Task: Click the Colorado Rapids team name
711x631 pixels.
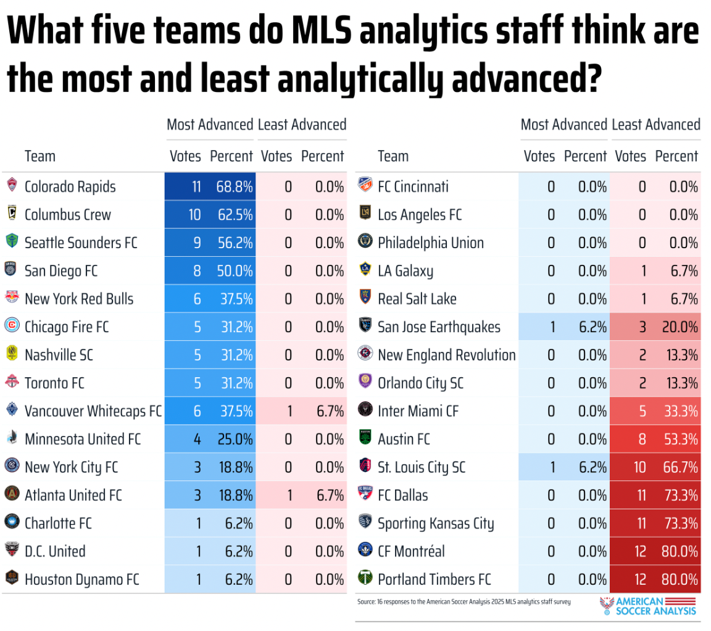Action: (70, 186)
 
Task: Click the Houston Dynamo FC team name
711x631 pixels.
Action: (81, 579)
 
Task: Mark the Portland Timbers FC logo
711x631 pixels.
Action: (365, 579)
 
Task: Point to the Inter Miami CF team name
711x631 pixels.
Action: (418, 411)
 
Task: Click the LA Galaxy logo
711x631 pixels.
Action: (365, 270)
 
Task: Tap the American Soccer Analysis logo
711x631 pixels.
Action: (648, 605)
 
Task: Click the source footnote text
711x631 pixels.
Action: (463, 601)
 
